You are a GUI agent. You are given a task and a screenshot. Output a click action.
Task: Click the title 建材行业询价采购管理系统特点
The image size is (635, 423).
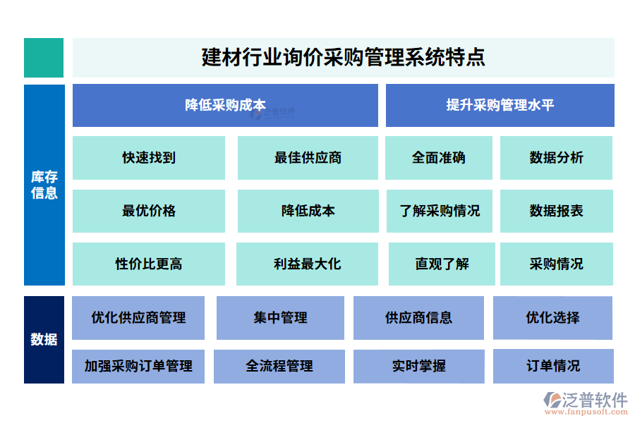[343, 57]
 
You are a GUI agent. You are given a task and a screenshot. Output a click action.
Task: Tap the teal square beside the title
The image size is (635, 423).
[44, 57]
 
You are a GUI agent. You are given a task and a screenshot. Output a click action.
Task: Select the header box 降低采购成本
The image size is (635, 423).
[225, 105]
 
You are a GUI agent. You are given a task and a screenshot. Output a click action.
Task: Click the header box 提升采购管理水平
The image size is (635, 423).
[500, 105]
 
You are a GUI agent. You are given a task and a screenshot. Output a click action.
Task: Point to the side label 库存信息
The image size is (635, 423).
[44, 185]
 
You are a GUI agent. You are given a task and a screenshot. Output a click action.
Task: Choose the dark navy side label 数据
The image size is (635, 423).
[44, 339]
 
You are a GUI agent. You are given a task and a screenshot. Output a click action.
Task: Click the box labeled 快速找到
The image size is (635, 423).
[149, 158]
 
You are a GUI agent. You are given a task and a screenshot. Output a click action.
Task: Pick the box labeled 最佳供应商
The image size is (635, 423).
[308, 158]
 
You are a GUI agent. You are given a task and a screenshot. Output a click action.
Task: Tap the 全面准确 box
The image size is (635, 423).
[439, 158]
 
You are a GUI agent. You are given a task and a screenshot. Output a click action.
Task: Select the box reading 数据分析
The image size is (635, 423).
[556, 158]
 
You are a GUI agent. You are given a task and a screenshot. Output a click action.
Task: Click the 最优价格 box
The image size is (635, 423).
[149, 211]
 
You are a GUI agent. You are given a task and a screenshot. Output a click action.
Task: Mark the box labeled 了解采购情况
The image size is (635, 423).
[439, 211]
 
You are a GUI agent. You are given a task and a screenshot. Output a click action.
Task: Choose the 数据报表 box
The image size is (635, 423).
[556, 211]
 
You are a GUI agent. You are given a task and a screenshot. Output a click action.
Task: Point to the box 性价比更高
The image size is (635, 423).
[149, 264]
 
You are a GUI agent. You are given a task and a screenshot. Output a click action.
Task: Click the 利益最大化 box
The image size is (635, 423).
[308, 264]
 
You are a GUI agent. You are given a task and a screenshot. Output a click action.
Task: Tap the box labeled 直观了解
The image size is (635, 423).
[442, 264]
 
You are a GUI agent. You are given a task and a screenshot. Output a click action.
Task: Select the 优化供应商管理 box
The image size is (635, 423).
[138, 317]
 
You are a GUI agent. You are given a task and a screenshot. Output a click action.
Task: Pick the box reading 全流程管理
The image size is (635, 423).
[279, 366]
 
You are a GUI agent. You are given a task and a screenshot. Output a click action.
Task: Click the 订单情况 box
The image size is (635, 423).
[553, 366]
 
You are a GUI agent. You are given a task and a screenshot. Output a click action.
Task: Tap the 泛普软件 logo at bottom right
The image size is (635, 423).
[586, 403]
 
